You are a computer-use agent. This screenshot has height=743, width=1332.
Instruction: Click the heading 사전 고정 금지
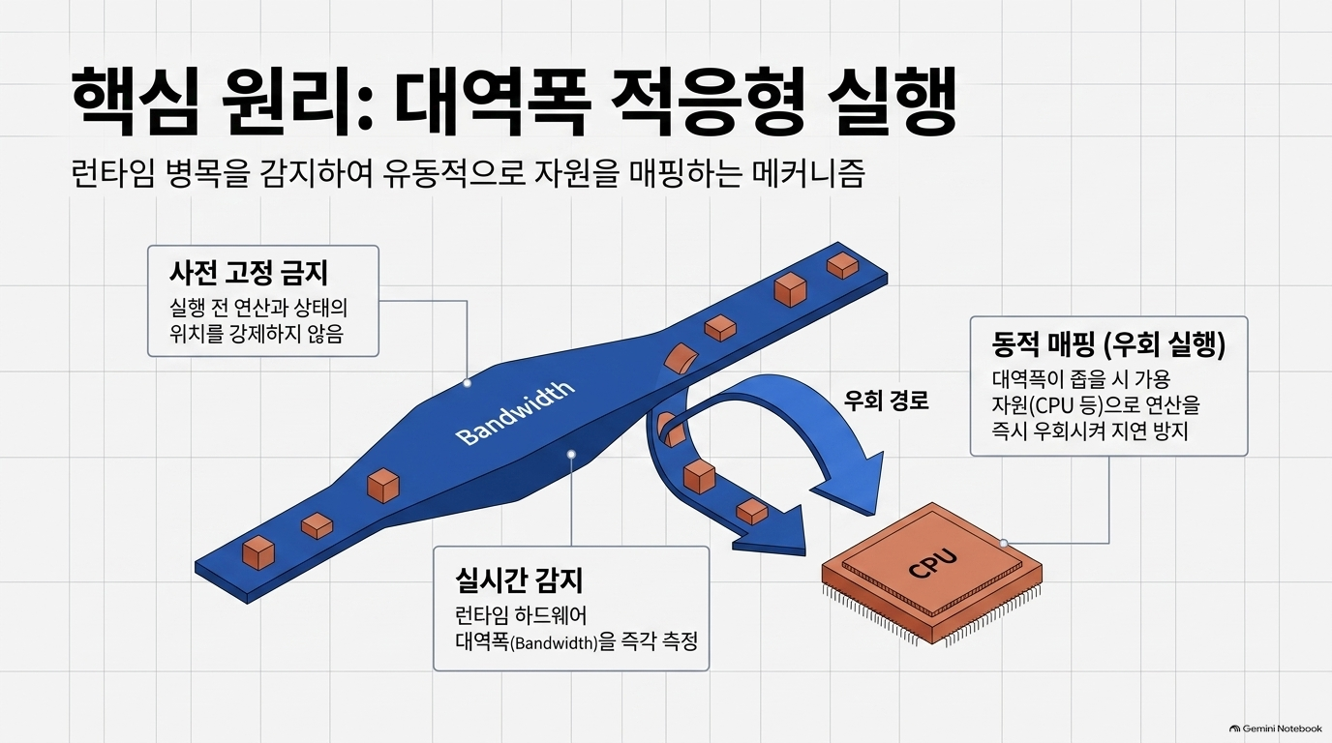click(x=249, y=273)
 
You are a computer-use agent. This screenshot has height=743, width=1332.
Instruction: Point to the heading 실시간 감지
click(x=519, y=580)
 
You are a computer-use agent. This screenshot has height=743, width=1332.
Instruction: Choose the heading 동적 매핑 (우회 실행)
click(x=1108, y=344)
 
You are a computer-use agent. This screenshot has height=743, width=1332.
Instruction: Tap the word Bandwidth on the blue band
click(x=515, y=414)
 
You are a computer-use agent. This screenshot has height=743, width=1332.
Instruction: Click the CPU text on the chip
click(x=933, y=563)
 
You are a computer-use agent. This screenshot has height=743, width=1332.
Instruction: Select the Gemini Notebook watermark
click(x=1275, y=728)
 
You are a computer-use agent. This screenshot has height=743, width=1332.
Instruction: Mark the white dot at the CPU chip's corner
click(x=1004, y=543)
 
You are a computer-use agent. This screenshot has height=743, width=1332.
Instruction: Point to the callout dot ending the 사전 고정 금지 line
click(x=467, y=383)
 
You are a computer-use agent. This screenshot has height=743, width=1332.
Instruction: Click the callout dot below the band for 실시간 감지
click(x=571, y=455)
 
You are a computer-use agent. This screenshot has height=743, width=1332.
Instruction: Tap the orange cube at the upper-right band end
click(x=842, y=265)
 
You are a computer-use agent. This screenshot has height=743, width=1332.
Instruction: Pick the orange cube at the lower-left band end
click(x=258, y=552)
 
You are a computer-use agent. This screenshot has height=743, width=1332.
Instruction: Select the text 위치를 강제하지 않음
click(x=257, y=334)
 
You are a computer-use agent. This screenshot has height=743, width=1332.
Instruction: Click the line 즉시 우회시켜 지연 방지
click(x=1089, y=431)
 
